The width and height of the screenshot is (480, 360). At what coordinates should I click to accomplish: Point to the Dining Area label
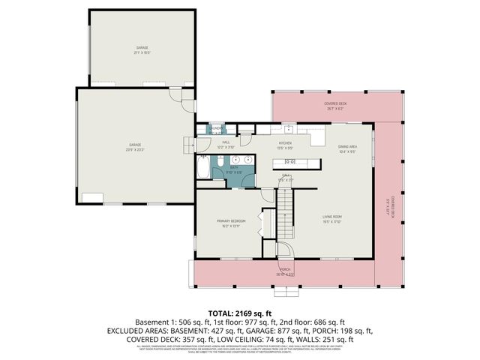click(346, 148)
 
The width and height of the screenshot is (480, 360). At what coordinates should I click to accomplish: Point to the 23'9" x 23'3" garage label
click(135, 146)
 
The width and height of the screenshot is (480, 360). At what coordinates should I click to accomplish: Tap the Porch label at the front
click(285, 271)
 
